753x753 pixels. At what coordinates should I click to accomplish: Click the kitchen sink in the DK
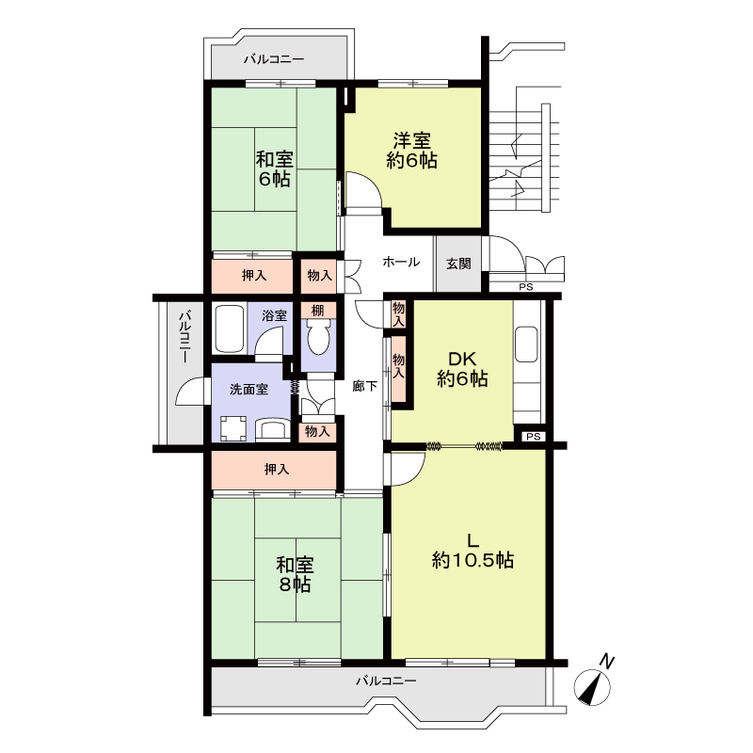[526, 344]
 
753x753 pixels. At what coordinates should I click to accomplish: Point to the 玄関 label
[458, 264]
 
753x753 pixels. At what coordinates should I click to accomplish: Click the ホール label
[401, 262]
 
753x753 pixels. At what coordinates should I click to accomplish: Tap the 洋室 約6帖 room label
[411, 151]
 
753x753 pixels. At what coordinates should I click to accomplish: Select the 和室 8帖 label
[295, 575]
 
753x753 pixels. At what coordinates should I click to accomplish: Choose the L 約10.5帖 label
[473, 551]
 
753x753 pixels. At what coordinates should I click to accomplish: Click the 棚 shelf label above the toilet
[317, 311]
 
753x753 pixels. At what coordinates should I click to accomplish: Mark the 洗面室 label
[248, 389]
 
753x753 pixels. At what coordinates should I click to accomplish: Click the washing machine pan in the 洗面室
[233, 428]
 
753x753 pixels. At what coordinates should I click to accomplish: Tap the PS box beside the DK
[533, 437]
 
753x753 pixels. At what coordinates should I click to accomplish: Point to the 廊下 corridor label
[365, 386]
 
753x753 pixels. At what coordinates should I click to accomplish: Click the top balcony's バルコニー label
[274, 59]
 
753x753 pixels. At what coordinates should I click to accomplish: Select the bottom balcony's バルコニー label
[386, 681]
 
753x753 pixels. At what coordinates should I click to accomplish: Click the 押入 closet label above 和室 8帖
[277, 469]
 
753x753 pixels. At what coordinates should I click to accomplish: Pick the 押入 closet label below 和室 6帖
[253, 275]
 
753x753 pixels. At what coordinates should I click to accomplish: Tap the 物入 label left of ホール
[319, 275]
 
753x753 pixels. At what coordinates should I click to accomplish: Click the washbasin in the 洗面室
[272, 429]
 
